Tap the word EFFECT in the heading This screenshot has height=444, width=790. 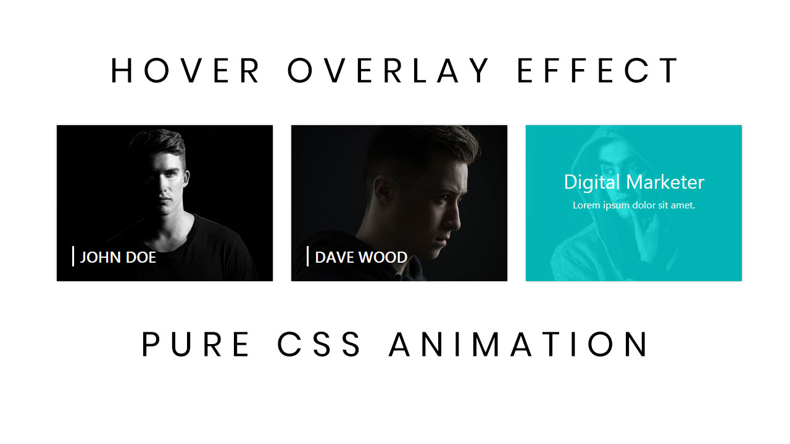coord(598,70)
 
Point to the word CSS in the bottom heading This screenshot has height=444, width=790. coord(320,344)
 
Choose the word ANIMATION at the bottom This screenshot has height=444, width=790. coord(520,344)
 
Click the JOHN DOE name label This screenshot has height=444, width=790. coord(118,257)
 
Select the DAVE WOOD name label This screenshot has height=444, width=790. coord(361,257)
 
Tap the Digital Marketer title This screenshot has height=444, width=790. coord(634,182)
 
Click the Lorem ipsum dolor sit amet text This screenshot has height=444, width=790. coord(634,205)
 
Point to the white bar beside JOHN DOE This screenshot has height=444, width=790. coord(73,256)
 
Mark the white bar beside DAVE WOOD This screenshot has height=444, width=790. coord(307,256)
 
